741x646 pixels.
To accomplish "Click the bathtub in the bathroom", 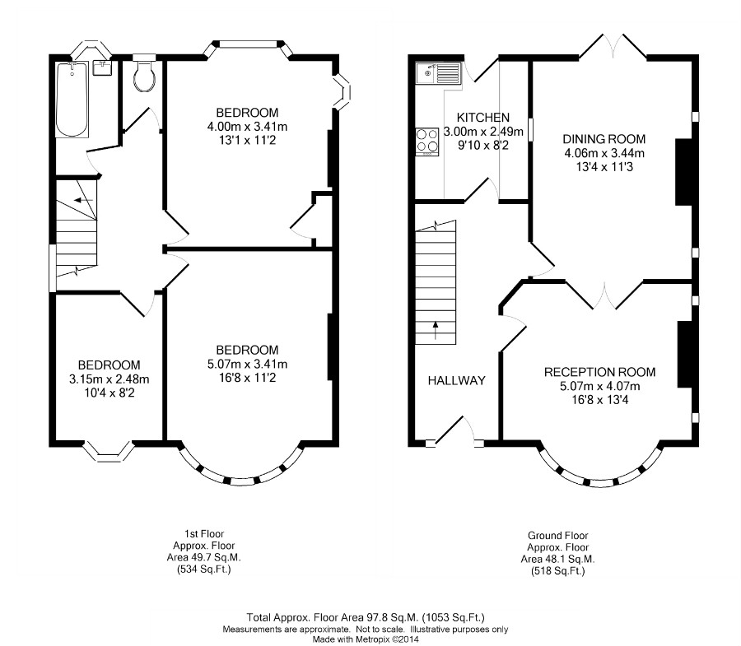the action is click(x=72, y=100).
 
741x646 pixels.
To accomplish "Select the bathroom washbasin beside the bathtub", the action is click(x=103, y=67).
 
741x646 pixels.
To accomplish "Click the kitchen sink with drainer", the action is click(x=438, y=73).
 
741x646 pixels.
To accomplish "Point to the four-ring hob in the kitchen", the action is click(x=427, y=142).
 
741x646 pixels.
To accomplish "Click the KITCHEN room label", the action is click(x=483, y=118).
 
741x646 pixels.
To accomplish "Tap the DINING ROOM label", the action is click(x=604, y=139).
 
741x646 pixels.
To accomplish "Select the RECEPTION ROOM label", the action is click(x=599, y=372).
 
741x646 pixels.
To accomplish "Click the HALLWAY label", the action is click(x=456, y=381).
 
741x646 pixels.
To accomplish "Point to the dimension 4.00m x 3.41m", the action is click(x=247, y=127).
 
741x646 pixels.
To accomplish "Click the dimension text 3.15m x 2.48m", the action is click(x=110, y=379).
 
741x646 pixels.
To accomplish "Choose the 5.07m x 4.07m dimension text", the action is click(x=599, y=386).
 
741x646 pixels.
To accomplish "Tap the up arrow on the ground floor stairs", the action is click(x=436, y=331).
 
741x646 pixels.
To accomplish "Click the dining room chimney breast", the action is click(x=684, y=172).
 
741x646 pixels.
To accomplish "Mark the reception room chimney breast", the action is click(x=685, y=354).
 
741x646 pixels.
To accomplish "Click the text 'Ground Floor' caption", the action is click(x=557, y=536).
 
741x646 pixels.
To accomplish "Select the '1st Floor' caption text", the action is click(x=204, y=534).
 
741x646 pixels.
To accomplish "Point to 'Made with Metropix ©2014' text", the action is click(x=366, y=640).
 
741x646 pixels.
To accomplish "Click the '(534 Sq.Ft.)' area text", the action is click(x=204, y=569).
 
